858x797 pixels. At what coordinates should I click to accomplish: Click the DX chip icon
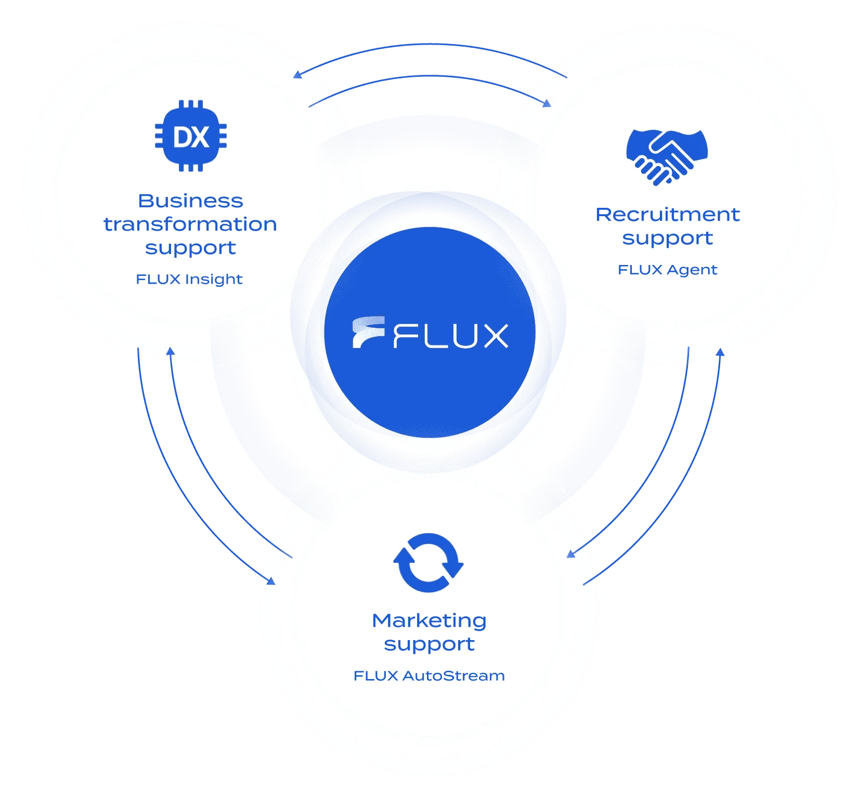(191, 136)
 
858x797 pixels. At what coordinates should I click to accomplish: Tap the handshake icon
(667, 156)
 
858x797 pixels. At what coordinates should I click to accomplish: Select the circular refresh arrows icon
(428, 563)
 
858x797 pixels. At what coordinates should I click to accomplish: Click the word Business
(190, 201)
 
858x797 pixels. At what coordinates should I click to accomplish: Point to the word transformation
(190, 224)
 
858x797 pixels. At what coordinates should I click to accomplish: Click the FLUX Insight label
(189, 280)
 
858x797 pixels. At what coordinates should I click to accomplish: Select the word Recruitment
(667, 215)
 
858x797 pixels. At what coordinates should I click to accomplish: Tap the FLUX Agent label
(667, 270)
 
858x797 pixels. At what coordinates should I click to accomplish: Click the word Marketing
(429, 620)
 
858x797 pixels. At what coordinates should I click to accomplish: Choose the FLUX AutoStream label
(429, 676)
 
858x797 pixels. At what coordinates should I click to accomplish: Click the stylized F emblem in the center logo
(368, 332)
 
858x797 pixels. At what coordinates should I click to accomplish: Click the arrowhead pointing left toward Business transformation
(297, 75)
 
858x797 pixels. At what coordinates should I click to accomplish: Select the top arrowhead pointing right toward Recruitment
(547, 103)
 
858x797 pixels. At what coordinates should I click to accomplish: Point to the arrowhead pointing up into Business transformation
(170, 352)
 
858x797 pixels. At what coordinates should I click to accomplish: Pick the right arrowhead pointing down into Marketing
(571, 554)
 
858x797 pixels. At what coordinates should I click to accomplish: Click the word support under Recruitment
(667, 238)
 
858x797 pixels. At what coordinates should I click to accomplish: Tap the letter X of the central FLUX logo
(492, 336)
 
